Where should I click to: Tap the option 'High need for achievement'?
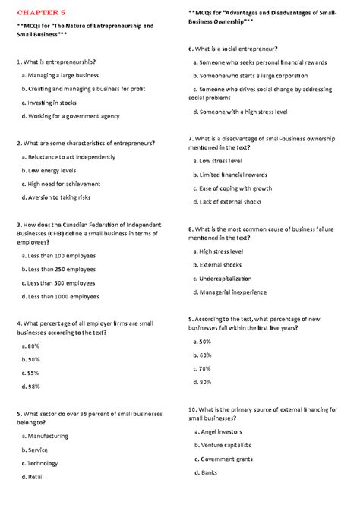68,184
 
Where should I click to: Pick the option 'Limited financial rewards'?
231,175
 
